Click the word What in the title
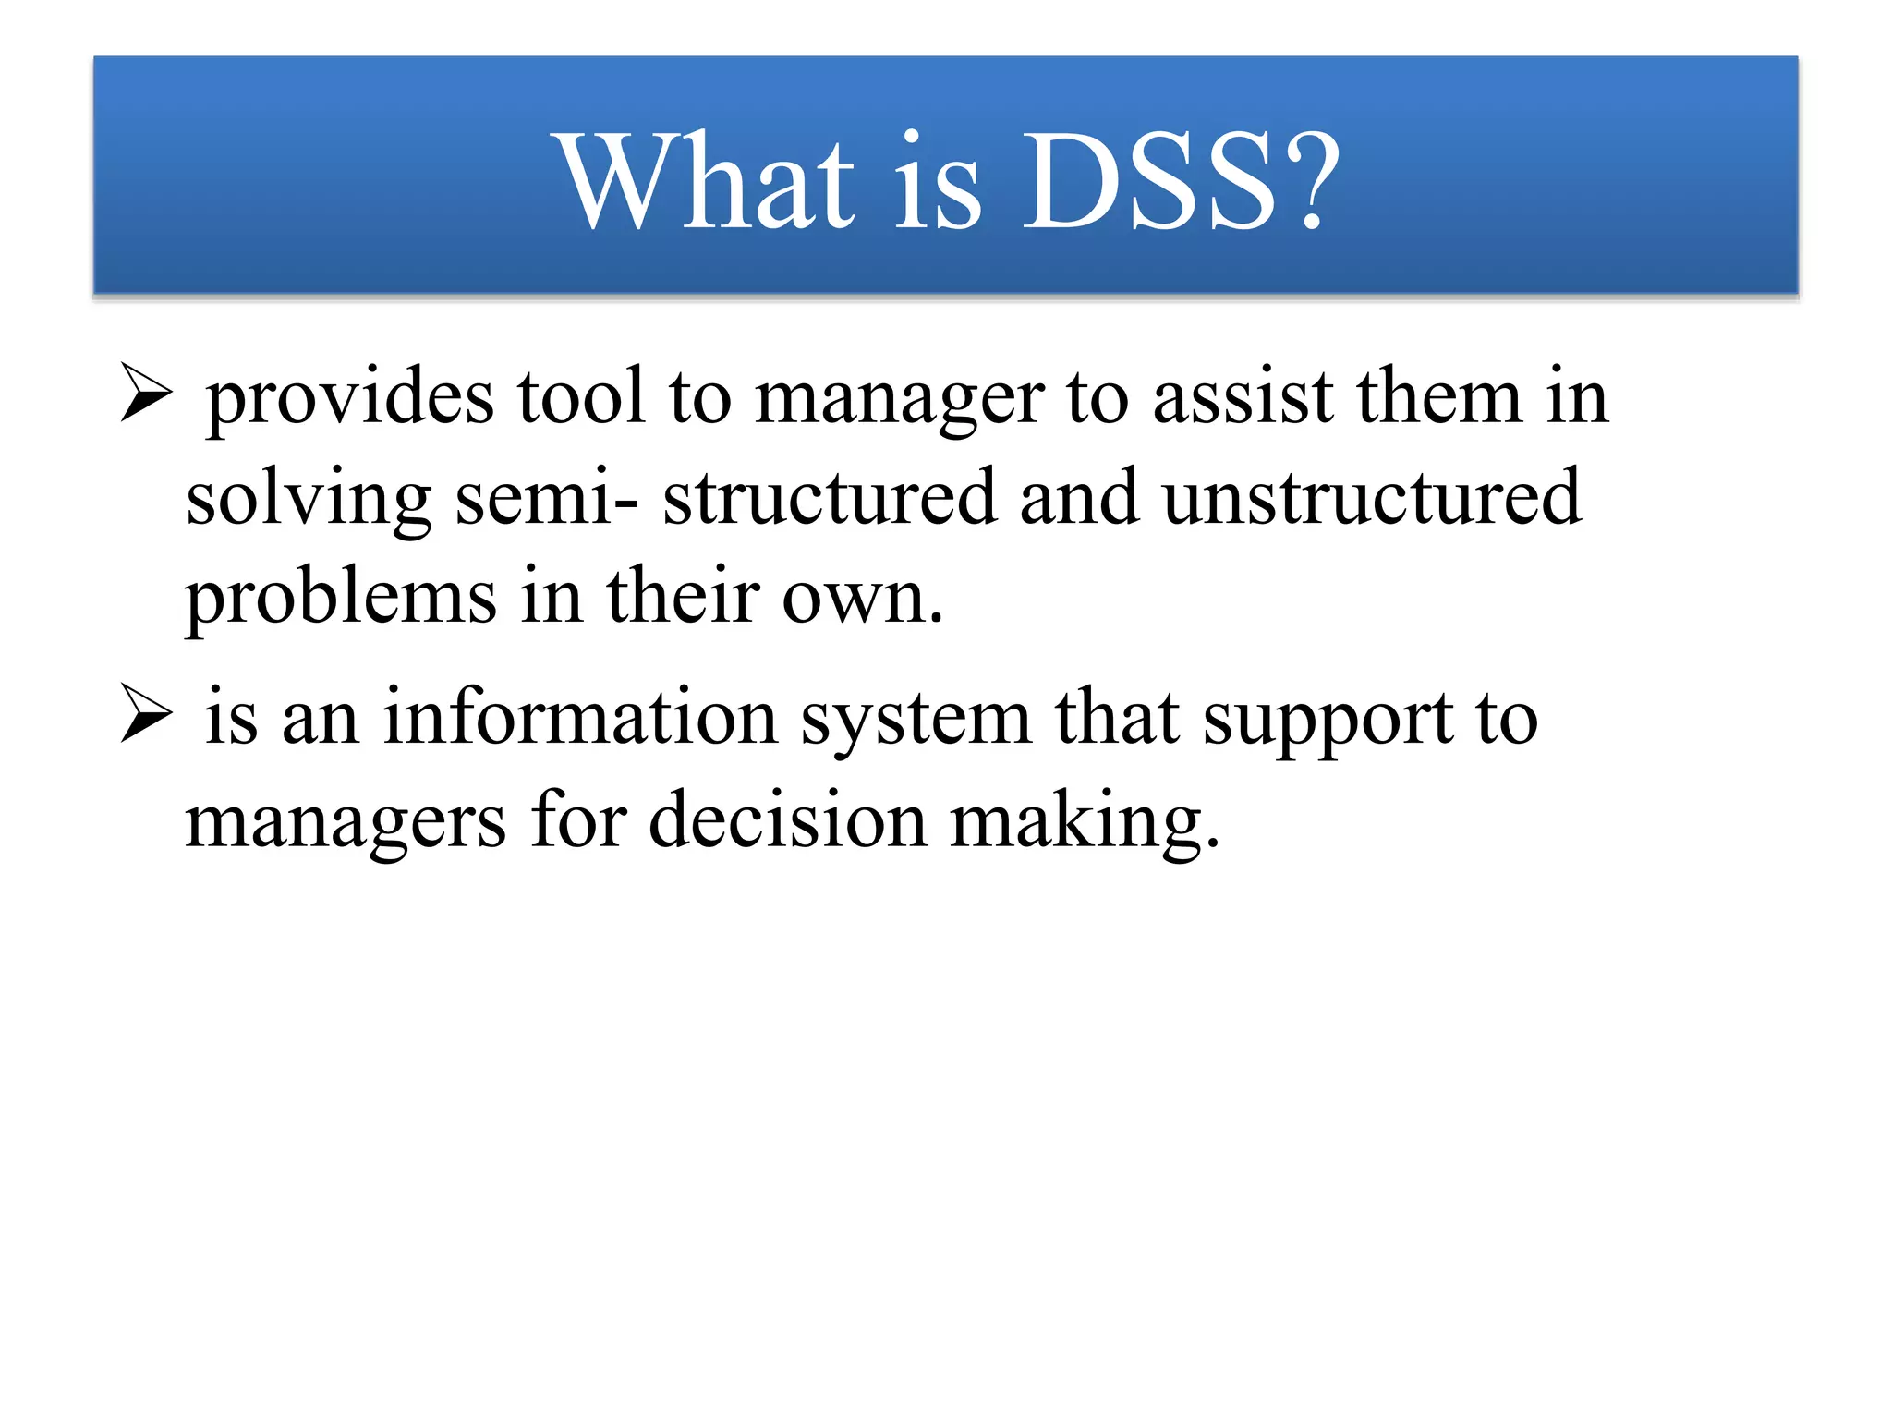coord(707,181)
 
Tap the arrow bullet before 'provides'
coord(146,394)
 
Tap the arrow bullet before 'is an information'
coord(146,714)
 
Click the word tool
coord(580,397)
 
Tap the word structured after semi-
coord(830,499)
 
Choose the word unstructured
coord(1371,499)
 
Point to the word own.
coord(861,599)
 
